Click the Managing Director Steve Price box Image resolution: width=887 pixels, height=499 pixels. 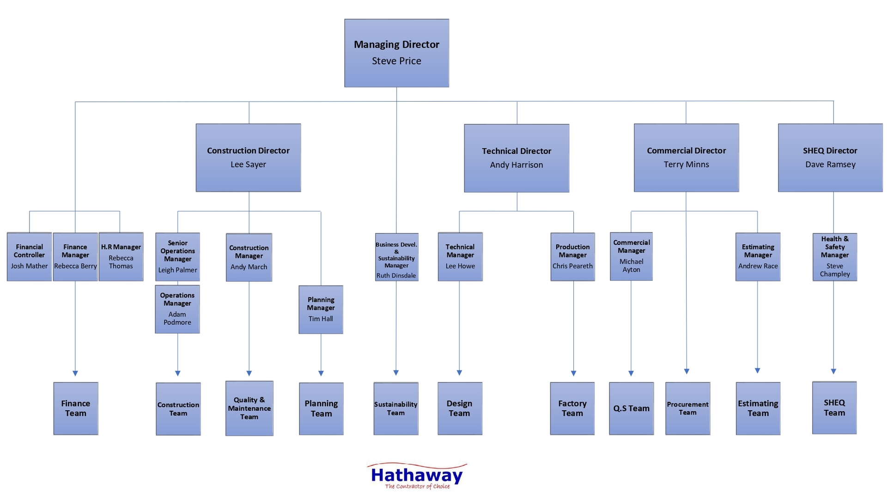tap(396, 53)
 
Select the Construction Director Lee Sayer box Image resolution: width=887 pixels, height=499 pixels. tap(249, 158)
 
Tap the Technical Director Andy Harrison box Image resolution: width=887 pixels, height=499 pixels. tap(516, 158)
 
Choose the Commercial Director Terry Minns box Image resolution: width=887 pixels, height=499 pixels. tap(686, 158)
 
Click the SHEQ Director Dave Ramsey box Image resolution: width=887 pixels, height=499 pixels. tap(830, 158)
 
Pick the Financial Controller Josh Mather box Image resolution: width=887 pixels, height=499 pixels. tap(29, 257)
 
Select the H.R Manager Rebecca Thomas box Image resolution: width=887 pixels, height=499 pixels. tap(121, 257)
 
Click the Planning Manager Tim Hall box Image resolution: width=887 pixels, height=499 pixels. tap(321, 310)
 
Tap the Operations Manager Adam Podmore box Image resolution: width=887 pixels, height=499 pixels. tap(177, 309)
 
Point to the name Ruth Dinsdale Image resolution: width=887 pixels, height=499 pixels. tap(396, 275)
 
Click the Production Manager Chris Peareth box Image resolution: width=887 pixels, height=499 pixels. tap(572, 257)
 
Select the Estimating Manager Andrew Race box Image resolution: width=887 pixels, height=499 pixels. tap(758, 257)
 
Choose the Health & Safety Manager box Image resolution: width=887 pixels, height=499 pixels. tap(834, 257)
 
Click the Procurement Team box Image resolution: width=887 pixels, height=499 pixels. tap(687, 408)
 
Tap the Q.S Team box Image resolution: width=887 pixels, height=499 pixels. tap(631, 408)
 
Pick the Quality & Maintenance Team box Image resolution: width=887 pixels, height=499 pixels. tap(249, 408)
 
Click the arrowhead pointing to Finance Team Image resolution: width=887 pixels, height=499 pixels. tap(75, 373)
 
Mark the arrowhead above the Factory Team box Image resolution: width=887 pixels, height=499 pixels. tap(573, 373)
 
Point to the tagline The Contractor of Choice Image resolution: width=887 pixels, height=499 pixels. tap(417, 487)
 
